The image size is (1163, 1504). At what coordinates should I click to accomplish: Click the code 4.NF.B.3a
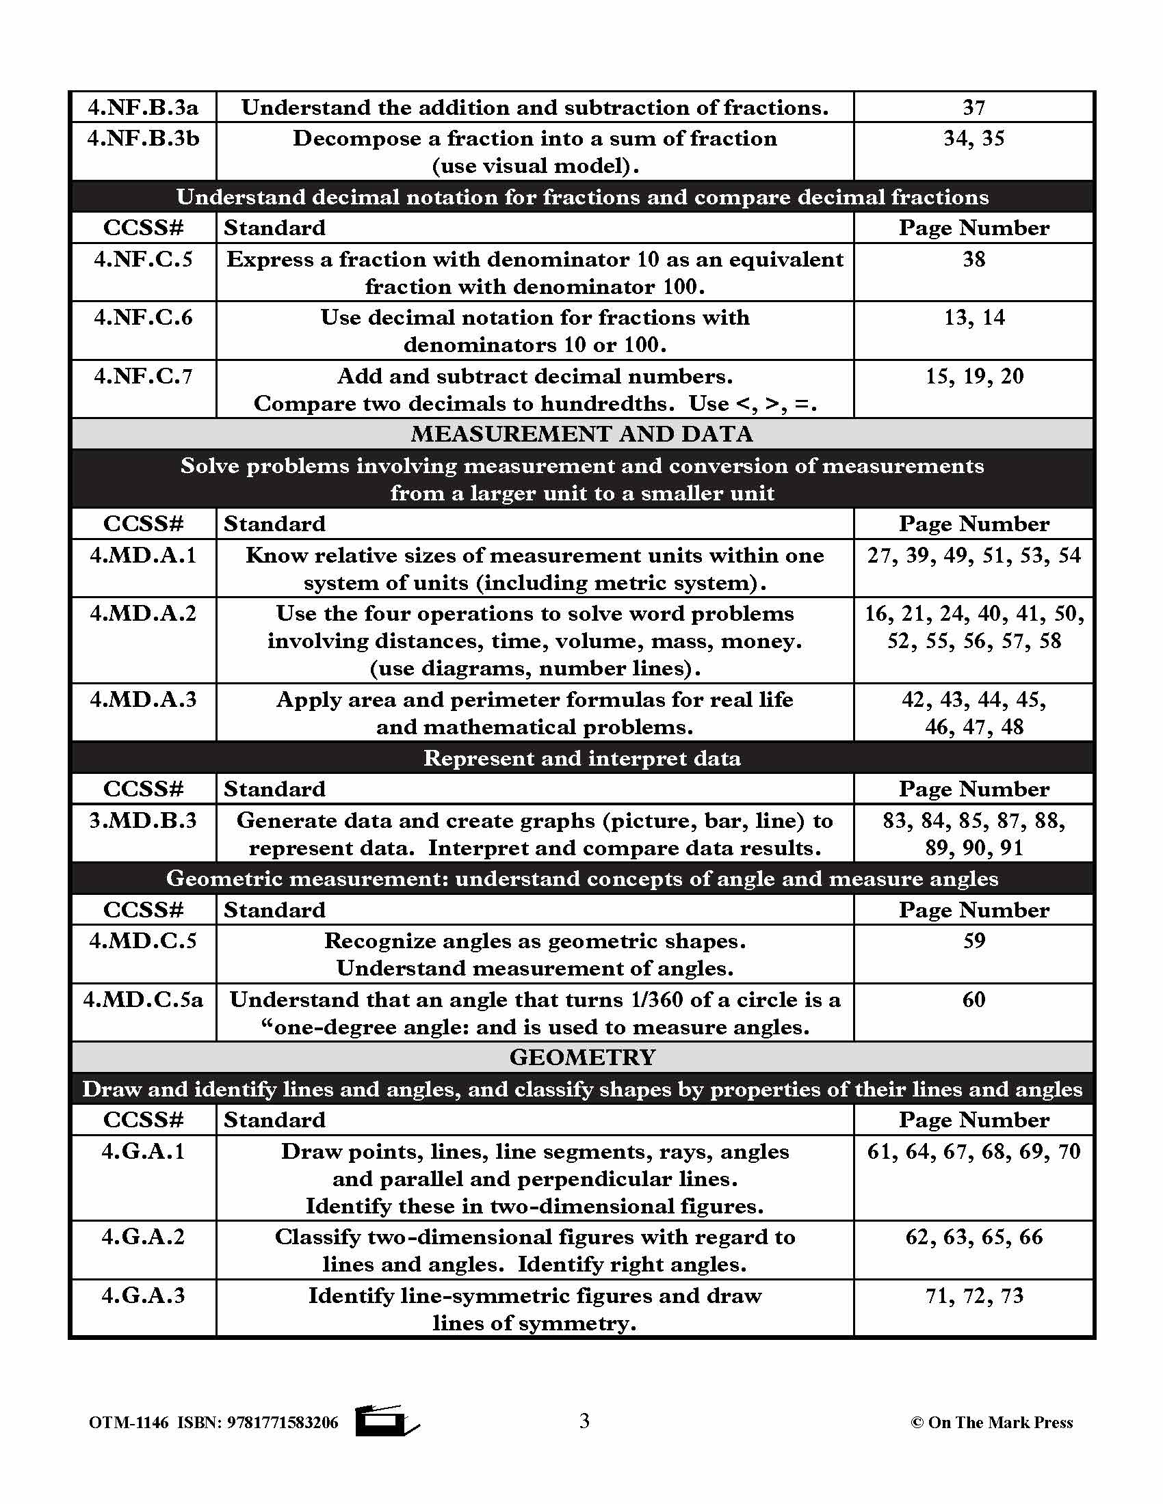click(x=143, y=107)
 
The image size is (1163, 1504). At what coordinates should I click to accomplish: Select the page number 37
click(x=973, y=107)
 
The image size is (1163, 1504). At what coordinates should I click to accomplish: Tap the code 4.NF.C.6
click(x=143, y=317)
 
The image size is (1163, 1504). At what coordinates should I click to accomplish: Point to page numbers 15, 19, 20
click(x=973, y=376)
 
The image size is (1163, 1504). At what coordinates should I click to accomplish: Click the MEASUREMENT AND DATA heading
click(x=581, y=434)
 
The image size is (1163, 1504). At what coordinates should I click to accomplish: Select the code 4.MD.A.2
click(x=143, y=613)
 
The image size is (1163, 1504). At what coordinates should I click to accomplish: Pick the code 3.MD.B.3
click(x=143, y=820)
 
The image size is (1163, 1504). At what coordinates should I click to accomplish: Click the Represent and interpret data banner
click(x=581, y=758)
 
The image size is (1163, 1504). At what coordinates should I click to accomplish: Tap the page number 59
click(x=973, y=941)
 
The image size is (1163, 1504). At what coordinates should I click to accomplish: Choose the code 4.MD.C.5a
click(x=143, y=999)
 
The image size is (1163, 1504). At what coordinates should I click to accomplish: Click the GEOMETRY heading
click(x=581, y=1057)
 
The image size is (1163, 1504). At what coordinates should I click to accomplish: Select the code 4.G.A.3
click(x=143, y=1295)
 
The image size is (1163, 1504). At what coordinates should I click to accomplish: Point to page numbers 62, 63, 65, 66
click(x=973, y=1237)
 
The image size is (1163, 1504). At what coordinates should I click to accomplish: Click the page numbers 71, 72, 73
click(x=973, y=1295)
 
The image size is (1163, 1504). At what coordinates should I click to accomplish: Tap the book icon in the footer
click(x=386, y=1421)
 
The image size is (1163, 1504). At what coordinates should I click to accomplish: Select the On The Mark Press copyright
click(x=991, y=1423)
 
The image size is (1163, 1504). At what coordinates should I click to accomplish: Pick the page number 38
click(x=973, y=259)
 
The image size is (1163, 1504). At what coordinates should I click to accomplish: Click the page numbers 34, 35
click(x=973, y=138)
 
